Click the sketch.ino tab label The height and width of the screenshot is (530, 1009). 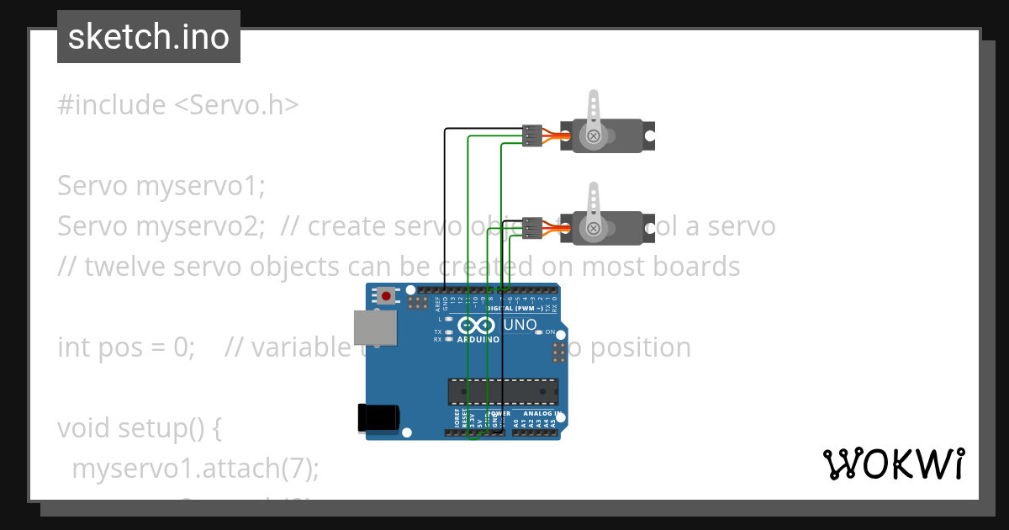(148, 37)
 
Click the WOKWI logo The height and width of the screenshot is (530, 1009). (893, 464)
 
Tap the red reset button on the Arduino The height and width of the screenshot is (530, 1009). (387, 295)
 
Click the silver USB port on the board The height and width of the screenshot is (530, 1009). (374, 327)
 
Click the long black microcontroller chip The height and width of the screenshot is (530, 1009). (502, 391)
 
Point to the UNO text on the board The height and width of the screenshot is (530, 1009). (520, 325)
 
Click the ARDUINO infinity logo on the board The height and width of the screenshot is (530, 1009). (478, 326)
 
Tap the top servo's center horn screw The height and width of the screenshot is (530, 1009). (594, 135)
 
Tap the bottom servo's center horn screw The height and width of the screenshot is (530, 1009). (594, 227)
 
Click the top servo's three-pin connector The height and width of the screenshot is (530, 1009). (531, 135)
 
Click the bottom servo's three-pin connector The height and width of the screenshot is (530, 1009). (531, 227)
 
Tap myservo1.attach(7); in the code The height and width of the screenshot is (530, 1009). (195, 469)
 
